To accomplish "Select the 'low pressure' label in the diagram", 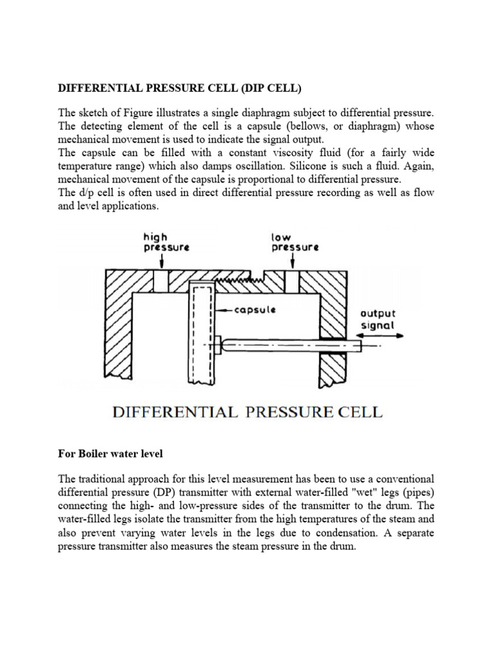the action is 295,242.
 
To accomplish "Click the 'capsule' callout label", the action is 255,310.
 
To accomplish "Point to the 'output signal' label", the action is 379,319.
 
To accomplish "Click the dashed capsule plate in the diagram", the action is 202,334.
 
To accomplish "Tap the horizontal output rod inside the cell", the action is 289,345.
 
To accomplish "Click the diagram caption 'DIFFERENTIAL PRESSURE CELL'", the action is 247,411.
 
